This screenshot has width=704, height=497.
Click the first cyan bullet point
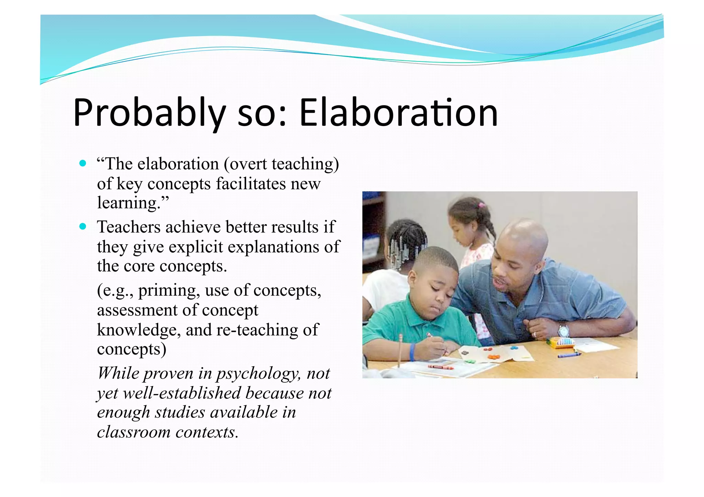pos(82,163)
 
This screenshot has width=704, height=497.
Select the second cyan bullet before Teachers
pos(82,226)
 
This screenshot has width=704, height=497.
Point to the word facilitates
pos(251,183)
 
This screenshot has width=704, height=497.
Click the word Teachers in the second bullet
pos(129,227)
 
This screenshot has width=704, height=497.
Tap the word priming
pos(168,291)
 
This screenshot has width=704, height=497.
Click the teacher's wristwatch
pos(563,331)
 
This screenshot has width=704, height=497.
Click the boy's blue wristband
pos(412,352)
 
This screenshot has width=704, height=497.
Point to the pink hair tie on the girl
pos(481,205)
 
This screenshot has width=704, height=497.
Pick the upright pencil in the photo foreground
pos(400,350)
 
